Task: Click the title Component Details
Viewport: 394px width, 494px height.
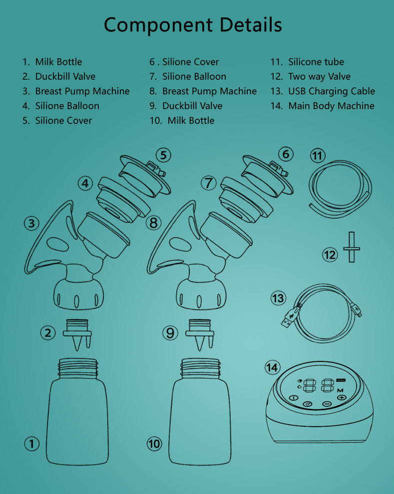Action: pos(193,25)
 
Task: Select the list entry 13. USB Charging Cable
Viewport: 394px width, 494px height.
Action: pos(323,91)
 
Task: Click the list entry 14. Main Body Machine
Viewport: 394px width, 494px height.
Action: pos(323,106)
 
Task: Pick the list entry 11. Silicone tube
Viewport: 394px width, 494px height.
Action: pos(307,62)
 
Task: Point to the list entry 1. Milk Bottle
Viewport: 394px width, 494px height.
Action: pos(52,62)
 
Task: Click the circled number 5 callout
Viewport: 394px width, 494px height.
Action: pos(163,155)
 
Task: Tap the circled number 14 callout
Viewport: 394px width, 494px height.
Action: pos(272,368)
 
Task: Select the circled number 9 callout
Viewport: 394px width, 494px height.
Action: pos(171,332)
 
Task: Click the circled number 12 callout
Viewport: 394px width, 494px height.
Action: pos(330,255)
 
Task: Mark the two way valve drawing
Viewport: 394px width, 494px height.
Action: pos(351,247)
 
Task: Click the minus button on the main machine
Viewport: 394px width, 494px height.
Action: pos(327,404)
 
